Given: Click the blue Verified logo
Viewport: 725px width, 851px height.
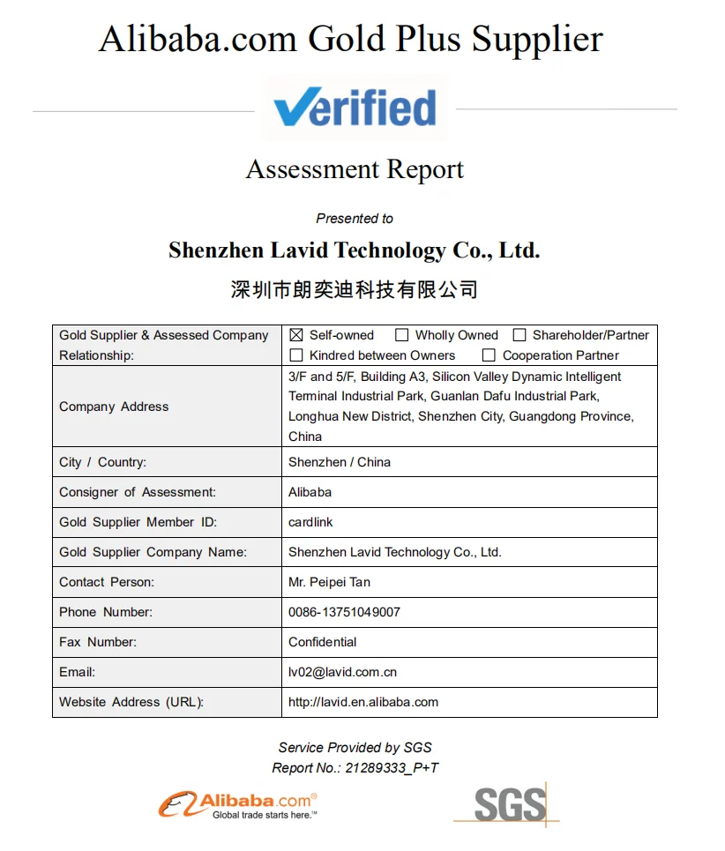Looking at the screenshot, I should click(355, 108).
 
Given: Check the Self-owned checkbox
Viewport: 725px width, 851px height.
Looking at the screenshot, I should click(296, 335).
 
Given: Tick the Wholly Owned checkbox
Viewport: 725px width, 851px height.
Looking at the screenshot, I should click(402, 335).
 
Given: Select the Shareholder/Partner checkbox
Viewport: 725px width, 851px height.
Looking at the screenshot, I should click(519, 335).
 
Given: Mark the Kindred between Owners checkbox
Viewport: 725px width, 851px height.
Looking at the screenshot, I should click(296, 355).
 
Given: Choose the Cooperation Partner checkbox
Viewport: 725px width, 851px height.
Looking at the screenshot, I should click(489, 355).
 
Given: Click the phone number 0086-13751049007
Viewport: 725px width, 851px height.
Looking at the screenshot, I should click(344, 612).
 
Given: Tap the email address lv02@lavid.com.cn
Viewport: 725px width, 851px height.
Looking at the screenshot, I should click(342, 672).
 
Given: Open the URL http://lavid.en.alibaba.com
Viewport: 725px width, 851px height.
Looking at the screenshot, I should click(363, 702).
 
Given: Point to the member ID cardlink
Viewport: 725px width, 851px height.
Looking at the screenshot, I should click(310, 522).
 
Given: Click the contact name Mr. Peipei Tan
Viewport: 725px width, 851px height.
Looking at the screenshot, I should click(329, 582).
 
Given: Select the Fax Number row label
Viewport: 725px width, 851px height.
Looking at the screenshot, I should click(98, 642).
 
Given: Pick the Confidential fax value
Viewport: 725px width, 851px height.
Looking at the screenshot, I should click(323, 642).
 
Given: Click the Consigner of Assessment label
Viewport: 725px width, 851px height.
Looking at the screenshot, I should click(138, 492).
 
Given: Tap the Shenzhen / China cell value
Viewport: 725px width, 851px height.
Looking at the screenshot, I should click(340, 462).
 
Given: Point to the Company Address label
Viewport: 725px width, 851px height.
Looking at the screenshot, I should click(114, 407).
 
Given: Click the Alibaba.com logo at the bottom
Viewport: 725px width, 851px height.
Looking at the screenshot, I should click(238, 804).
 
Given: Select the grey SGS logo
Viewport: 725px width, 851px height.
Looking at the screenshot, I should click(507, 803).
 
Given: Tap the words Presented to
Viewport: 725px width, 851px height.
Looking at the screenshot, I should click(355, 219).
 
